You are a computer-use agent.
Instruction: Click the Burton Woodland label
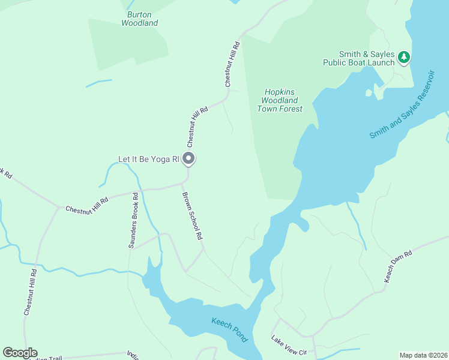(x=140, y=19)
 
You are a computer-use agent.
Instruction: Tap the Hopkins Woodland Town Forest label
(x=280, y=100)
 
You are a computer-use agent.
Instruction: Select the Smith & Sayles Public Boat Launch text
(x=358, y=58)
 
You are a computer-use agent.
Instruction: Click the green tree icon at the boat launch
(x=405, y=57)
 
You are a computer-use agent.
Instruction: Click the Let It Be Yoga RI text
(x=149, y=159)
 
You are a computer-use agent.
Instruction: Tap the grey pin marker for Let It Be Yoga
(x=188, y=159)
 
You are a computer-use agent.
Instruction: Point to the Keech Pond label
(x=229, y=330)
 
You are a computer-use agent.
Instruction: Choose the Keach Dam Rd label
(x=397, y=267)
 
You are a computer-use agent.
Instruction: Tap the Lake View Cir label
(x=289, y=346)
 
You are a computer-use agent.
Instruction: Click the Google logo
(x=20, y=353)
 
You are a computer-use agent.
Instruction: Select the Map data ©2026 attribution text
(x=423, y=355)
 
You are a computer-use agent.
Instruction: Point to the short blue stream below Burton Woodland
(x=99, y=83)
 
